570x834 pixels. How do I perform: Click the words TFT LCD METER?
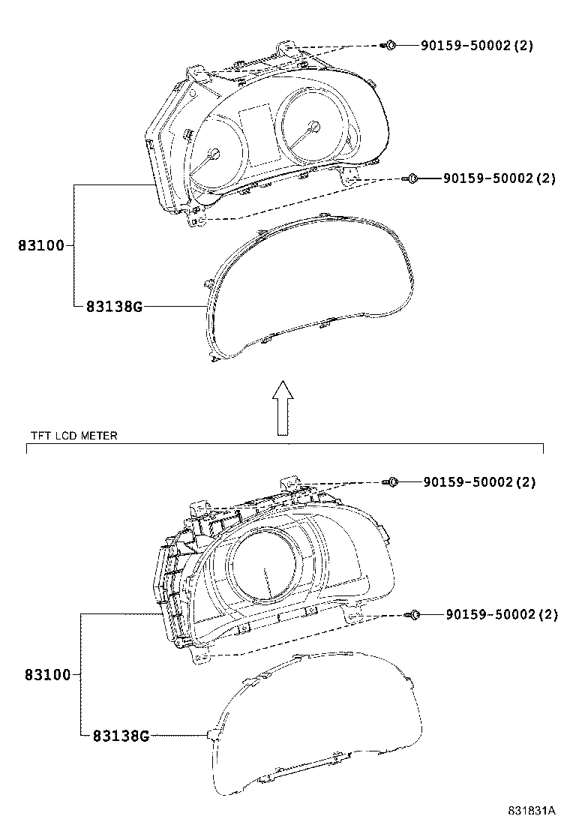pos(73,435)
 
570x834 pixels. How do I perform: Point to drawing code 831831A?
pos(531,811)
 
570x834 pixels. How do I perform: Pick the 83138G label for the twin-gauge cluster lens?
pos(113,306)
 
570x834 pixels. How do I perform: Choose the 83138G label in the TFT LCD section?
pos(121,736)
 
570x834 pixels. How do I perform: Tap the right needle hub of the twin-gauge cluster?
pos(308,132)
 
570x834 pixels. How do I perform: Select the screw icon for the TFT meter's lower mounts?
pos(413,615)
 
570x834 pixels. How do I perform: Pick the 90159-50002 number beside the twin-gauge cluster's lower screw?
pos(487,178)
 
